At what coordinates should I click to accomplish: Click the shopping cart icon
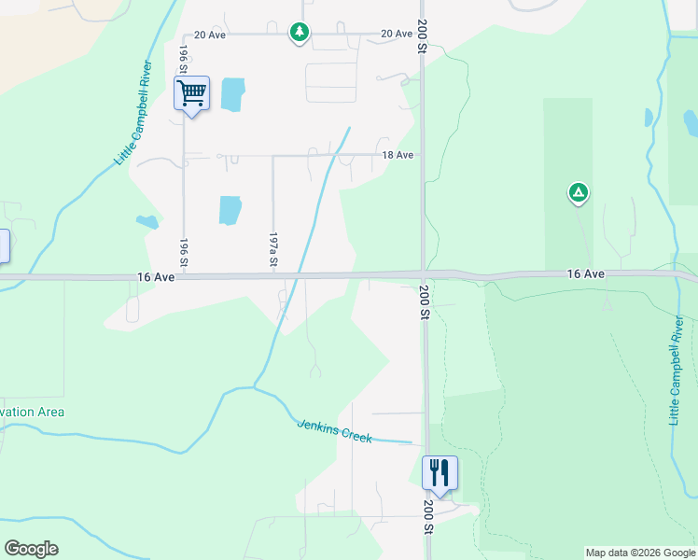[191, 94]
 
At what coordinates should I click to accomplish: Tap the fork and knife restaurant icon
[440, 473]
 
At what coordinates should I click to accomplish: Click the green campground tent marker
[579, 194]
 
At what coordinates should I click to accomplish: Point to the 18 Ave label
[398, 155]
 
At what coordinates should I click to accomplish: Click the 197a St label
[273, 250]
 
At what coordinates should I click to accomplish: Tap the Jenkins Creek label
[334, 431]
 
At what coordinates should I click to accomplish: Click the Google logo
[31, 549]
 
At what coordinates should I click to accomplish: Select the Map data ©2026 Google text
[639, 553]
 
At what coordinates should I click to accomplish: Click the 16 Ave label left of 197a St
[154, 277]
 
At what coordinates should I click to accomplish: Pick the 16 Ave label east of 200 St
[587, 273]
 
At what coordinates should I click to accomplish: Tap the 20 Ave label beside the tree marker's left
[211, 35]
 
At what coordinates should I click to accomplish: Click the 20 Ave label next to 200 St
[397, 34]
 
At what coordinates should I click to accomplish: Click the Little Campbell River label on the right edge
[677, 371]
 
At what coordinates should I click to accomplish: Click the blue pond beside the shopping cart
[232, 93]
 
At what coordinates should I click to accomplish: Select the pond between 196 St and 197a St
[230, 210]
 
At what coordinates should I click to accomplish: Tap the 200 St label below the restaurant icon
[426, 516]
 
